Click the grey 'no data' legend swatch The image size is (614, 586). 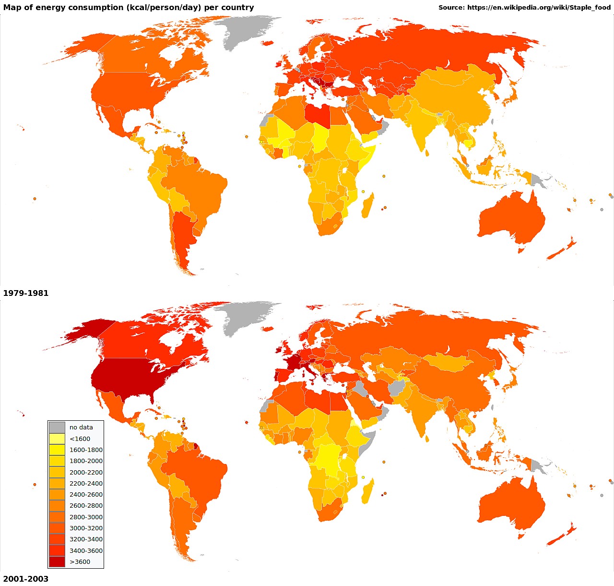57,427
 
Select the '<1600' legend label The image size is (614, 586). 80,439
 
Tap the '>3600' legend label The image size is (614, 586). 80,562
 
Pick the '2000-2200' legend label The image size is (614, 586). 86,472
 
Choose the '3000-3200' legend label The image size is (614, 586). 86,528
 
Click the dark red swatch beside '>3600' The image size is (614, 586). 57,562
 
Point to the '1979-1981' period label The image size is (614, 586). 26,293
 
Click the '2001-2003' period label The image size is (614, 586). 26,579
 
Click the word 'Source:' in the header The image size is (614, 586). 451,8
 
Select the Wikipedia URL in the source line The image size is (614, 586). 539,8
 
